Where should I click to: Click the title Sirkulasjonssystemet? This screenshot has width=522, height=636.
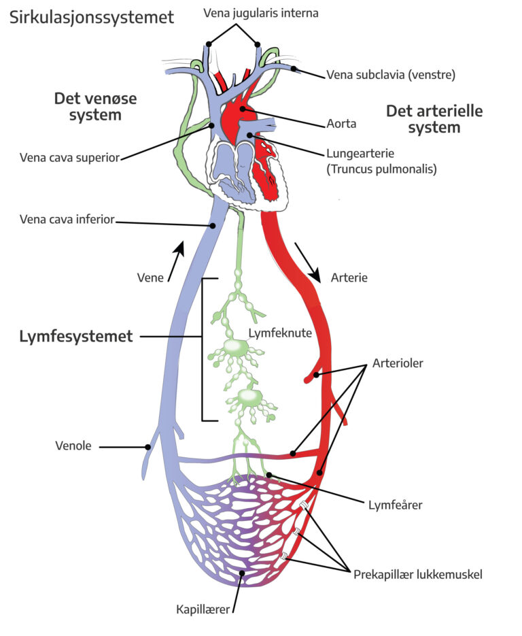point(92,17)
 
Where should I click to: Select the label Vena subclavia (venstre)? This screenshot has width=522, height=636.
point(390,74)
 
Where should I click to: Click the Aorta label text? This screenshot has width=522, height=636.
point(341,124)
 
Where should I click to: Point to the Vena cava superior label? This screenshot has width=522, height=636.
point(70,158)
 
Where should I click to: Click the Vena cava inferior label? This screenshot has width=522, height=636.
point(68,219)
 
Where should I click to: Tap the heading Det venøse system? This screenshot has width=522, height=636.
point(95,107)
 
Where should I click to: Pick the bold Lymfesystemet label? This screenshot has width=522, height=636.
point(75,336)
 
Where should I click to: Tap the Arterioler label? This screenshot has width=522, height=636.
point(398,363)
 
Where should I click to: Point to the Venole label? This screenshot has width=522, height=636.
point(75,446)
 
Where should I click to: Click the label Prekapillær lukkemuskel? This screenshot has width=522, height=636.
point(417,574)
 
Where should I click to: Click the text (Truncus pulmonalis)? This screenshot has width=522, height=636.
point(380,168)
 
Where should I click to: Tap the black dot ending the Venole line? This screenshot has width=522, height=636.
point(147,447)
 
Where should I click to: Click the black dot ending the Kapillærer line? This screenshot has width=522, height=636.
point(241,573)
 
